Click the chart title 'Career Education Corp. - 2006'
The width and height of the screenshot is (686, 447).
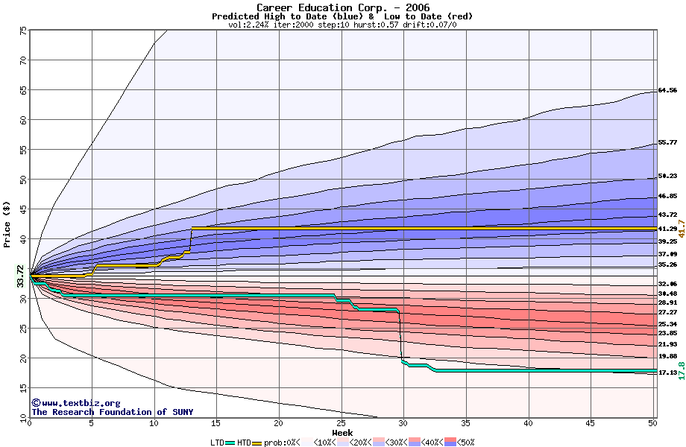click(x=342, y=7)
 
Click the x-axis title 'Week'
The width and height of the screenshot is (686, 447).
click(x=342, y=433)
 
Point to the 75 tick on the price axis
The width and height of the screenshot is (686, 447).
click(x=23, y=31)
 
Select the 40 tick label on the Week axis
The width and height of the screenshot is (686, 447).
click(x=528, y=424)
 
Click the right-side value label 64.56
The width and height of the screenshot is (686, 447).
click(x=667, y=90)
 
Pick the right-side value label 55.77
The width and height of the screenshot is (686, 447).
click(x=667, y=142)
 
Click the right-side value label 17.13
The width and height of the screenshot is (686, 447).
click(x=667, y=372)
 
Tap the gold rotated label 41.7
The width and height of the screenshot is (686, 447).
click(x=681, y=228)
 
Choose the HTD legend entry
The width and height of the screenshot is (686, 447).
click(x=244, y=443)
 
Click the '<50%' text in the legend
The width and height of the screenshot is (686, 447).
click(x=465, y=443)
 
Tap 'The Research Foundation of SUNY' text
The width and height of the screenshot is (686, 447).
click(x=112, y=412)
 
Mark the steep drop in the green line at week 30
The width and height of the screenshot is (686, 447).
click(x=401, y=335)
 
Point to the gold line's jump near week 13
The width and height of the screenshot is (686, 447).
click(x=191, y=240)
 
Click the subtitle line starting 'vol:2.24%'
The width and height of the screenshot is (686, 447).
click(x=342, y=25)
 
